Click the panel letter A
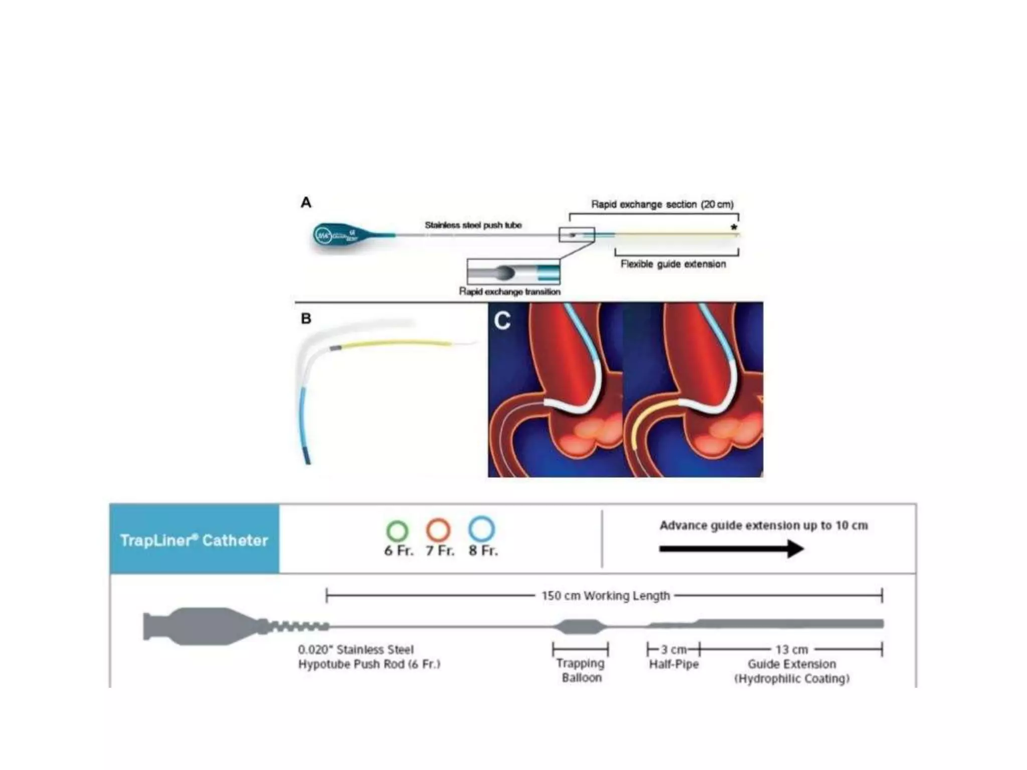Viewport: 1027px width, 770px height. pyautogui.click(x=306, y=203)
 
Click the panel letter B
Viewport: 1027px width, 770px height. pyautogui.click(x=306, y=318)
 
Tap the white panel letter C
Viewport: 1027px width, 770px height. pyautogui.click(x=502, y=321)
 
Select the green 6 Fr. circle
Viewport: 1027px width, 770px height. pyautogui.click(x=398, y=530)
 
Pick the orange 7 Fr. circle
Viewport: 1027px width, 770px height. pyautogui.click(x=438, y=530)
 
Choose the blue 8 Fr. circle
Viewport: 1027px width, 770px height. pyautogui.click(x=481, y=529)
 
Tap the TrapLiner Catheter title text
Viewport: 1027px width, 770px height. pyautogui.click(x=194, y=540)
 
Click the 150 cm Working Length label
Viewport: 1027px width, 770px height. pyautogui.click(x=605, y=596)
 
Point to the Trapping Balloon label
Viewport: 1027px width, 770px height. pyautogui.click(x=581, y=670)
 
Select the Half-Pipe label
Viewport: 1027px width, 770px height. pyautogui.click(x=673, y=664)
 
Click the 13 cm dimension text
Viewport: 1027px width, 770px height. pyautogui.click(x=792, y=650)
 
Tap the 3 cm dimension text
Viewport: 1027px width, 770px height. pyautogui.click(x=673, y=650)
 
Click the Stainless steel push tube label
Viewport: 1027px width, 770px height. pyautogui.click(x=473, y=225)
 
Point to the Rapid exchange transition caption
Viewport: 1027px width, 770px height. pyautogui.click(x=509, y=292)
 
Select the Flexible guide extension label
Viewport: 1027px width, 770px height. pyautogui.click(x=673, y=264)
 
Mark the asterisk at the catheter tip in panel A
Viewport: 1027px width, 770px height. pyautogui.click(x=734, y=227)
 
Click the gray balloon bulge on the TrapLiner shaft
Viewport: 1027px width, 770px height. pyautogui.click(x=580, y=626)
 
